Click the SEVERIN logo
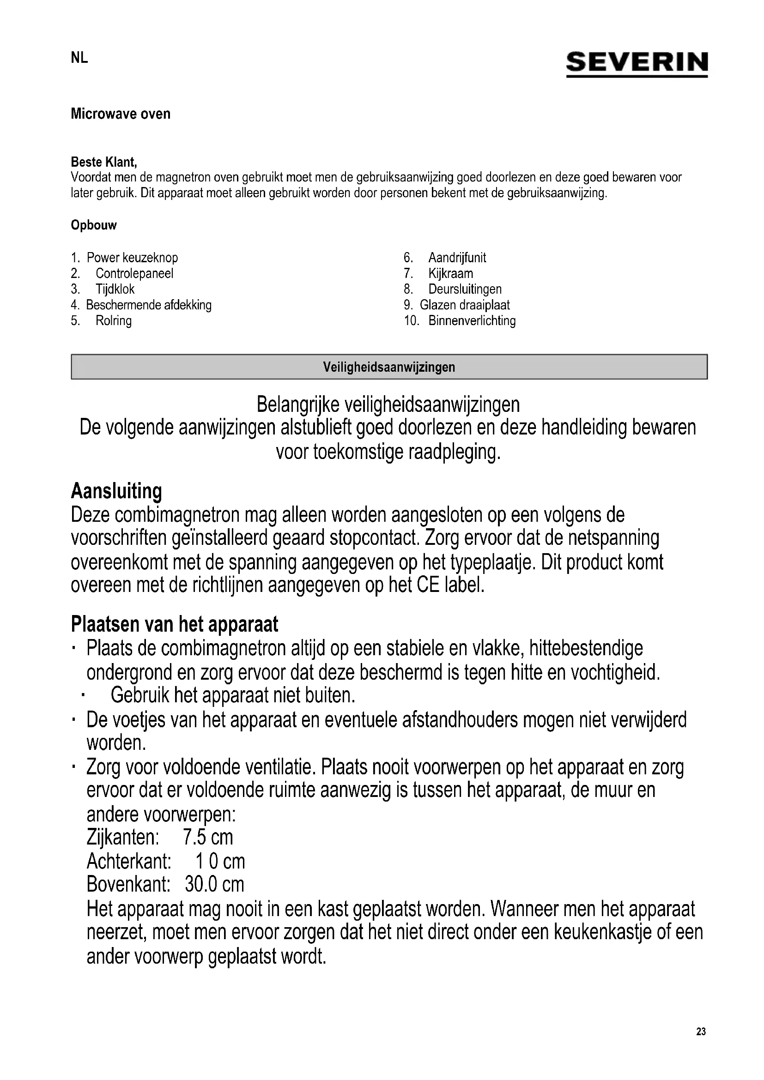[637, 64]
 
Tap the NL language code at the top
[79, 58]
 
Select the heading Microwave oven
[121, 114]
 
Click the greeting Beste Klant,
[104, 162]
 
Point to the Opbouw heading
[94, 225]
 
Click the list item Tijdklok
[115, 290]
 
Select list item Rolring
[113, 321]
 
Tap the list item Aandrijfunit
[457, 258]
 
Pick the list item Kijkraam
[450, 273]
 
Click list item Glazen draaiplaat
[464, 305]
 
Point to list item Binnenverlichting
[472, 321]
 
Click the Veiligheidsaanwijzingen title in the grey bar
[389, 367]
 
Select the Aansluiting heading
[116, 491]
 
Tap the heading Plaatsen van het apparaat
[175, 624]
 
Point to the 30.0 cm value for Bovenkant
[214, 884]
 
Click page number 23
[701, 1032]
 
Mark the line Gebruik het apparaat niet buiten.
[233, 695]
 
